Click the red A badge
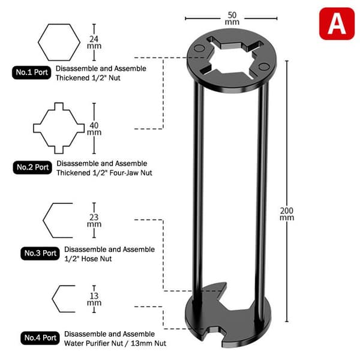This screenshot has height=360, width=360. tap(337, 23)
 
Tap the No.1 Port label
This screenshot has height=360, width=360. tap(32, 73)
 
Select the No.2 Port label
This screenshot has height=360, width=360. tap(32, 167)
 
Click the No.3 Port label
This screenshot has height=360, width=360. tap(40, 253)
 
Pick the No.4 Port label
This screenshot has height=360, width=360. tap(40, 338)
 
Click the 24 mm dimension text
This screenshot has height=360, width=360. tap(94, 43)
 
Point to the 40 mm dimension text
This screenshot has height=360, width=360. tap(94, 129)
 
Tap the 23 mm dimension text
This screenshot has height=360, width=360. tap(94, 221)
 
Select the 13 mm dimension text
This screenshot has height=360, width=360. tap(94, 299)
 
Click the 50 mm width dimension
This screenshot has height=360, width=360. tap(232, 19)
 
